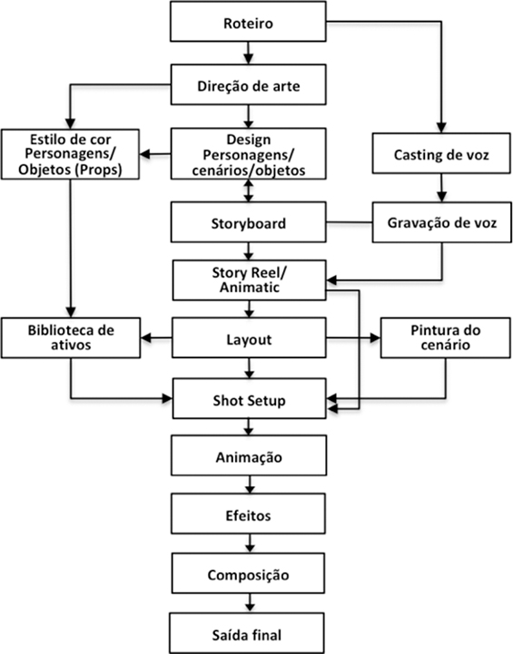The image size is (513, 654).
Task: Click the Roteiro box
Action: coord(248,21)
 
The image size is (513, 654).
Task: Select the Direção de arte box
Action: coord(249,84)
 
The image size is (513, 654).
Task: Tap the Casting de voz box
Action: coord(441,153)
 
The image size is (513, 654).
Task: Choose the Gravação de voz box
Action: coord(441,222)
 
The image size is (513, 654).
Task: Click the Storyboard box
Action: coord(249,222)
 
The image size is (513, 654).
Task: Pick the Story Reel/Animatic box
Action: coord(249,280)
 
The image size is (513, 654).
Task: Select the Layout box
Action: coord(249,337)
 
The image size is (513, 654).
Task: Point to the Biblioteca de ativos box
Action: coord(71,337)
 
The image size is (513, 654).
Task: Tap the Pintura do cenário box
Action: coord(446,337)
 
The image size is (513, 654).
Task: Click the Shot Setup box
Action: coord(249,399)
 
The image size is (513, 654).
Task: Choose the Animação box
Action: coord(249,455)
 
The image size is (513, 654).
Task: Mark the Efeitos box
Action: coord(249,513)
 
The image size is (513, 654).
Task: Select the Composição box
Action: coord(249,573)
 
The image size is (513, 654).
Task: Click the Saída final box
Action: coord(247,633)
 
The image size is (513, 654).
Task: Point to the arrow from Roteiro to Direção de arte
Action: coord(249,53)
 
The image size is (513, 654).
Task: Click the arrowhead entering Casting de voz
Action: coord(441,128)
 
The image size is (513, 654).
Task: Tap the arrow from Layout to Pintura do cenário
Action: coord(353,337)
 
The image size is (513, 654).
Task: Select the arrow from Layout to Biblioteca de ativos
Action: coord(156,337)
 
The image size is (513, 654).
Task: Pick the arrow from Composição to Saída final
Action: coord(250,603)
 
